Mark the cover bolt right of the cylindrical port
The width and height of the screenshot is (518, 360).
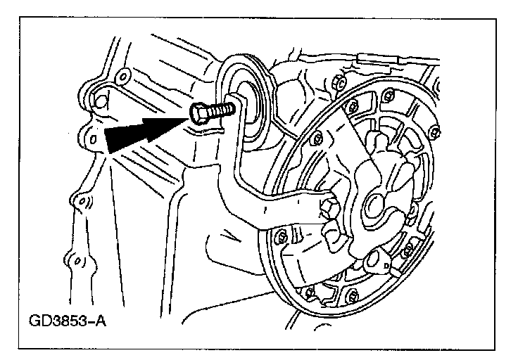[x=407, y=250]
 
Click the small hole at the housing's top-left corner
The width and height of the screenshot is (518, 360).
[x=122, y=75]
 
